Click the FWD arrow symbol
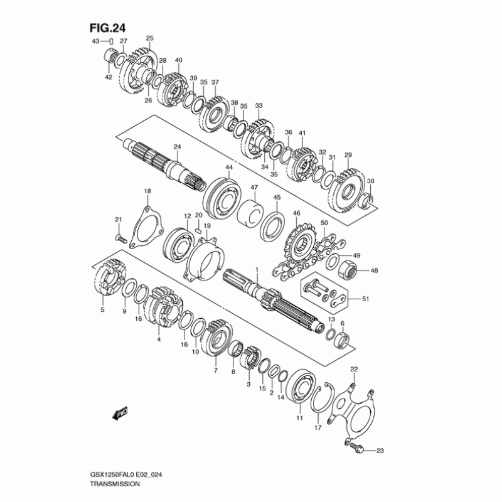tap(121, 413)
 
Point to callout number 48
tap(375, 271)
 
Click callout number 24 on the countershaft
tap(177, 147)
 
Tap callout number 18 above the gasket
tap(147, 191)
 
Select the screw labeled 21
tap(121, 239)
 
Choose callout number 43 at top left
tap(96, 41)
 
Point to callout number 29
tap(348, 155)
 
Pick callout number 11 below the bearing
tap(299, 418)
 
